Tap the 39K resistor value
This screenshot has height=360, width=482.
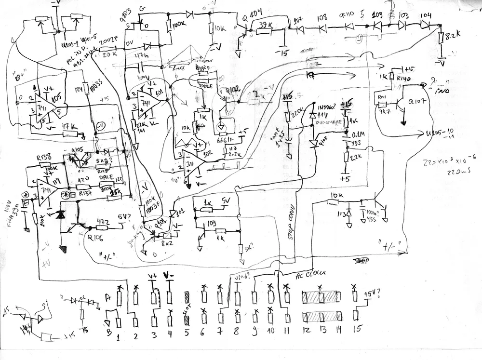click(264, 25)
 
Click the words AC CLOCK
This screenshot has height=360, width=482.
click(312, 273)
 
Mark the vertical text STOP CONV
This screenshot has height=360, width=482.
click(292, 233)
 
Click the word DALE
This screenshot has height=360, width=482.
click(105, 177)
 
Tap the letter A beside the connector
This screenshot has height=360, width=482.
click(107, 297)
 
